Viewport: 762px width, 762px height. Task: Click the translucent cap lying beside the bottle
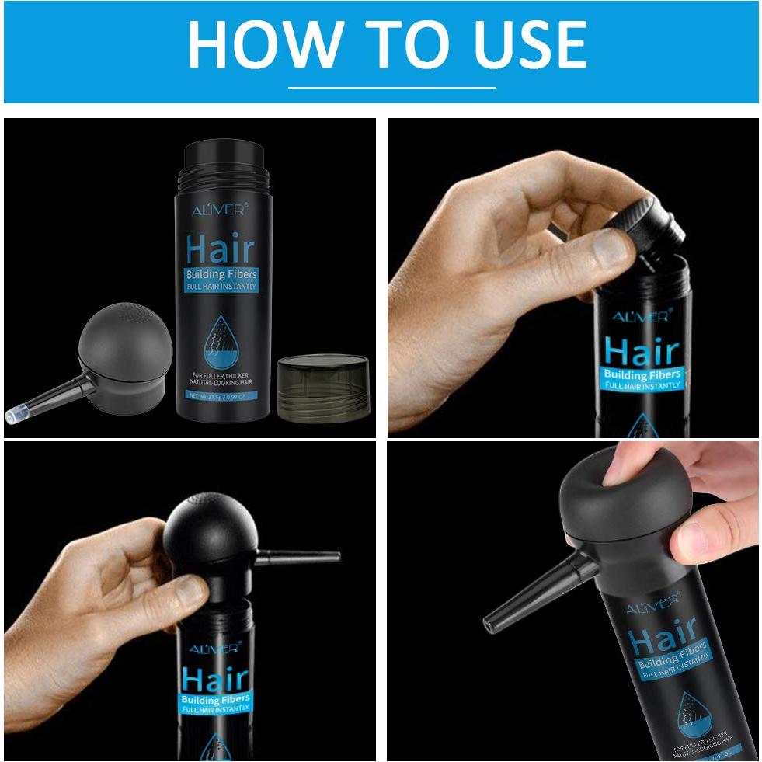point(322,386)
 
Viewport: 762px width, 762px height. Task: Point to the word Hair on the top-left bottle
point(220,249)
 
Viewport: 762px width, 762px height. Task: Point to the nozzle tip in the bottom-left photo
point(334,555)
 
